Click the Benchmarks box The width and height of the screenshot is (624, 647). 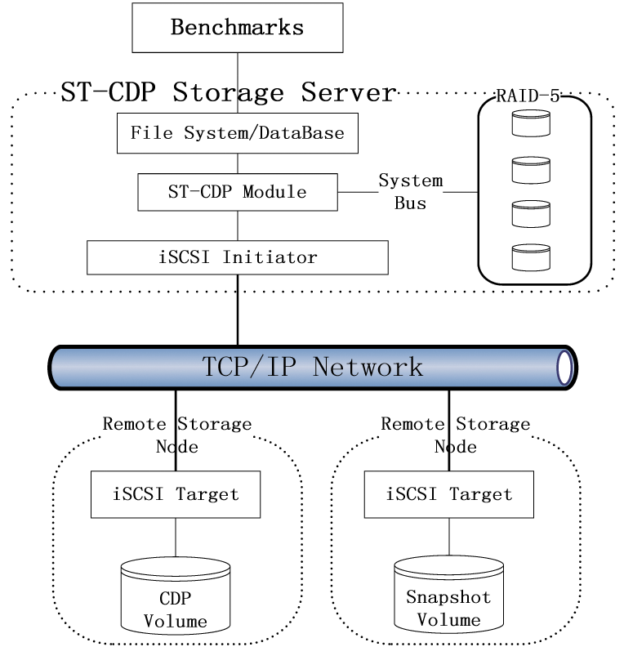(238, 28)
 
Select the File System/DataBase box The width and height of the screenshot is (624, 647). (238, 133)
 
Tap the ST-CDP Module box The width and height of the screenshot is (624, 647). (238, 192)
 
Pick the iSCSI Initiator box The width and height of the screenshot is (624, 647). (238, 257)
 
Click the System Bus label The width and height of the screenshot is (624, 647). (410, 192)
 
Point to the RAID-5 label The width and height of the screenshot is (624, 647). (528, 96)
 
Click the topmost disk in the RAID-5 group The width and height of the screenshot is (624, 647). (531, 123)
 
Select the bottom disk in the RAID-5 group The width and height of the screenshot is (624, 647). (531, 257)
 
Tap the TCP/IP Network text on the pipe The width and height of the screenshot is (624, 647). (313, 367)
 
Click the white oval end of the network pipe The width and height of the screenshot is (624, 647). (564, 368)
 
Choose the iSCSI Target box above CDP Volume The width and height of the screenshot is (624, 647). (176, 494)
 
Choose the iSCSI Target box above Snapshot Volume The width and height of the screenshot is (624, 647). (449, 494)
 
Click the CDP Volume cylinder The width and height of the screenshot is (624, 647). (176, 596)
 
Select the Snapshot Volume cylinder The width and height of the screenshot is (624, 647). (449, 594)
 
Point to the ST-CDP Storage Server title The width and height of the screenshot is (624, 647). (229, 92)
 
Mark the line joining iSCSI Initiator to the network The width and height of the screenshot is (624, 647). (238, 310)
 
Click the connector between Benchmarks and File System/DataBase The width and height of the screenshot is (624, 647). (238, 83)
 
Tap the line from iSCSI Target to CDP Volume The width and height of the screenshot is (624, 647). (176, 538)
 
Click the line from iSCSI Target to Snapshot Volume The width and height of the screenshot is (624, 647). (449, 537)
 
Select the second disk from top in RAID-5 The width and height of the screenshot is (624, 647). (531, 170)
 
